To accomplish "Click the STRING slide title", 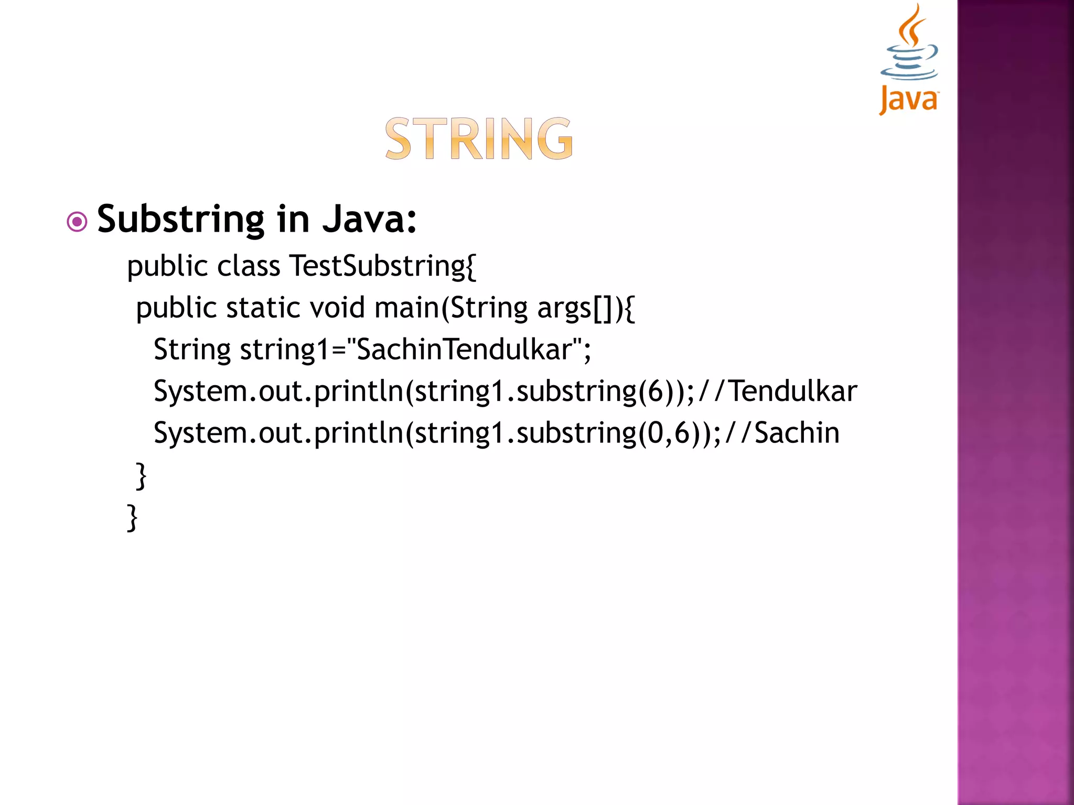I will point(479,138).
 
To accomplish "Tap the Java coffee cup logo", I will point(910,45).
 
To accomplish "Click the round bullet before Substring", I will point(77,222).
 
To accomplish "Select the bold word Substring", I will point(181,219).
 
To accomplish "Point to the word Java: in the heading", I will point(370,219).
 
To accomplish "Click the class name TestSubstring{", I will point(383,266).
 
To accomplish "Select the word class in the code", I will point(249,266).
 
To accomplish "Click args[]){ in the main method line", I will point(586,308).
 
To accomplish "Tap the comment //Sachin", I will point(782,433).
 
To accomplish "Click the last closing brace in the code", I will point(133,518).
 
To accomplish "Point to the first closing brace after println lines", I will point(141,476).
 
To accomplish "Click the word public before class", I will point(168,267).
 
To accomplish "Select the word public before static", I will point(176,309).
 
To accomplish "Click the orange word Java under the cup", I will point(909,99).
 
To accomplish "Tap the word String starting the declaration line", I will point(192,350).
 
